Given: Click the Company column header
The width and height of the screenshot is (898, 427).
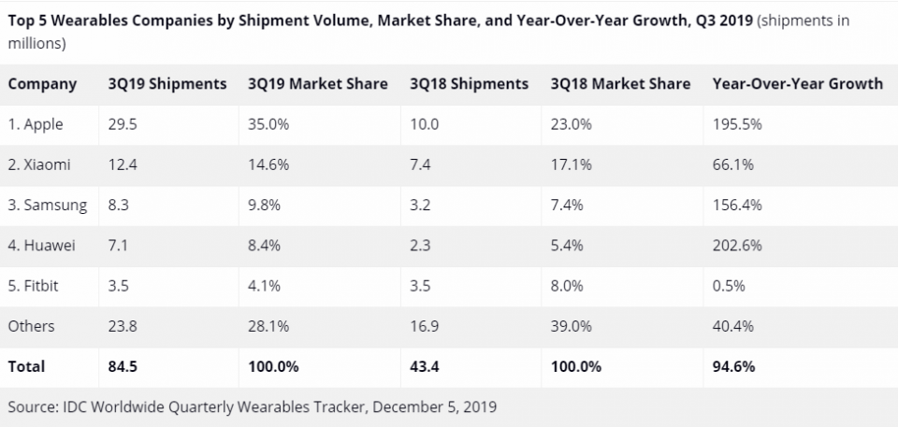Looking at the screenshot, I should tap(42, 84).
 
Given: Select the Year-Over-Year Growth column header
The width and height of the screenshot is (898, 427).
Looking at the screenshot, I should tap(797, 84).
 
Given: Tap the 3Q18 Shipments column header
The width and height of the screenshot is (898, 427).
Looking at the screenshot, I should tap(468, 84).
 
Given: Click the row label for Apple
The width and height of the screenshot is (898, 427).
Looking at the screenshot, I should tap(37, 124).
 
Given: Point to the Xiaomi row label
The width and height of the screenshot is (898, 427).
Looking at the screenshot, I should tap(40, 164).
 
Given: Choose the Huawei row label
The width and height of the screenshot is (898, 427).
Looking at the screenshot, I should tap(42, 246).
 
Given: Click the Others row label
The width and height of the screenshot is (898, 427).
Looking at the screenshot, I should tap(31, 326).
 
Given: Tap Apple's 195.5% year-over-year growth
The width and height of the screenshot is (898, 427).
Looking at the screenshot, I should tap(736, 124).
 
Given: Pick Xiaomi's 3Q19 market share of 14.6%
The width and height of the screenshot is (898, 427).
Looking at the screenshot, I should tap(268, 164).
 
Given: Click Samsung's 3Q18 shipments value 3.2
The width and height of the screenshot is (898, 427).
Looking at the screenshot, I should tap(420, 206).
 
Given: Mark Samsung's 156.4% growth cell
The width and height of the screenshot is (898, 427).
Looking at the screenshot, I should tap(736, 206).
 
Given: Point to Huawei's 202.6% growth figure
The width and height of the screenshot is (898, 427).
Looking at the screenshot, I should tap(736, 246).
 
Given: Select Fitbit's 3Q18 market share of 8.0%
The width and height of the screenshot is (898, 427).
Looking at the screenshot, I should tap(569, 286).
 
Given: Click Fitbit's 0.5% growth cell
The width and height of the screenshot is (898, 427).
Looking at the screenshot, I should tap(729, 286).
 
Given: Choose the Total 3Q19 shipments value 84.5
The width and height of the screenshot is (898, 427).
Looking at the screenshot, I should tap(123, 366).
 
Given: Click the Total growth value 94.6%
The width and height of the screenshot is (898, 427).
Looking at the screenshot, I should tap(732, 366).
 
